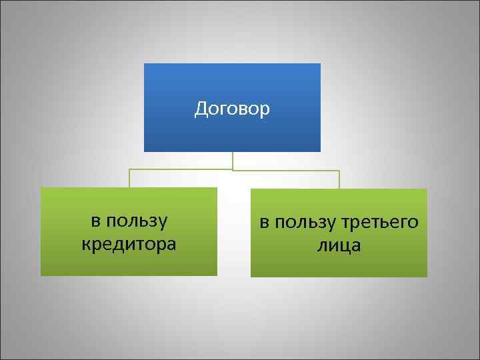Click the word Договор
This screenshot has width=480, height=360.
232,109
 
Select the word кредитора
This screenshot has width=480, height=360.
129,244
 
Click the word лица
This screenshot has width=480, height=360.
339,245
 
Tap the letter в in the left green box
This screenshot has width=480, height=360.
95,221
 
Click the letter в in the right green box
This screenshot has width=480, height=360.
264,222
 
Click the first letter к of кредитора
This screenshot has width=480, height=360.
85,245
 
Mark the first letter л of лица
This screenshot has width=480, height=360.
322,246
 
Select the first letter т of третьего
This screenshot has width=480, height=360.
347,222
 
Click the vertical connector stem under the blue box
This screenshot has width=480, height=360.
233,160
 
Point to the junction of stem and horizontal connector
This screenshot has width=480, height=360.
233,170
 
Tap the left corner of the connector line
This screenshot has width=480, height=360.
129,170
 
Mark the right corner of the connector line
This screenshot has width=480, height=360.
339,171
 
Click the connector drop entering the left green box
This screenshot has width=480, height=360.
129,180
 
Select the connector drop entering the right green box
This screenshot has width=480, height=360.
339,181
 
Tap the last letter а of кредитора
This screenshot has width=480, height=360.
171,245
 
